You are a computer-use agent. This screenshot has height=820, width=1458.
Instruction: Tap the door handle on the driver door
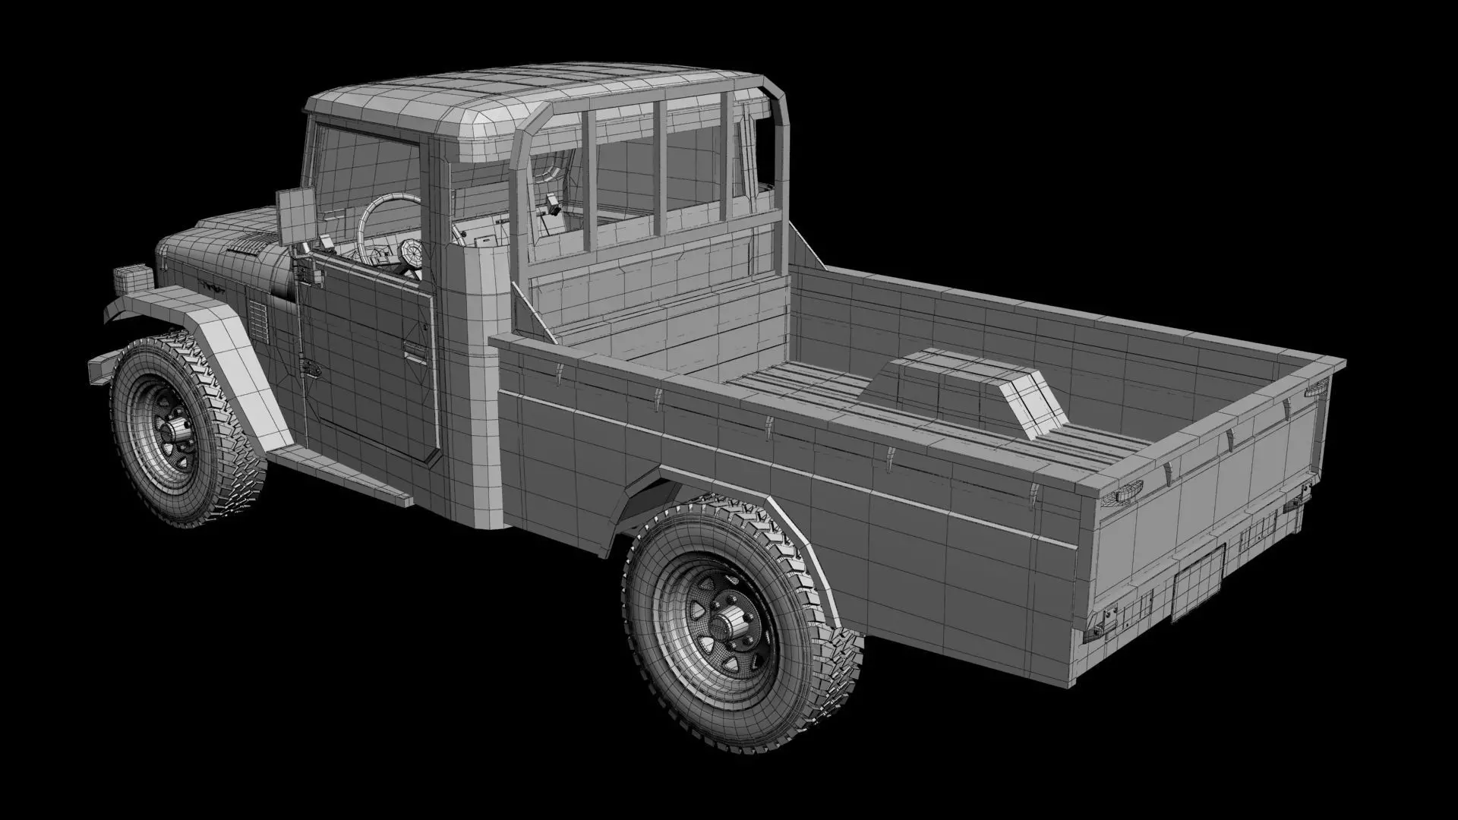(415, 348)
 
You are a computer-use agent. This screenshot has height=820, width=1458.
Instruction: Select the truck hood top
(228, 228)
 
